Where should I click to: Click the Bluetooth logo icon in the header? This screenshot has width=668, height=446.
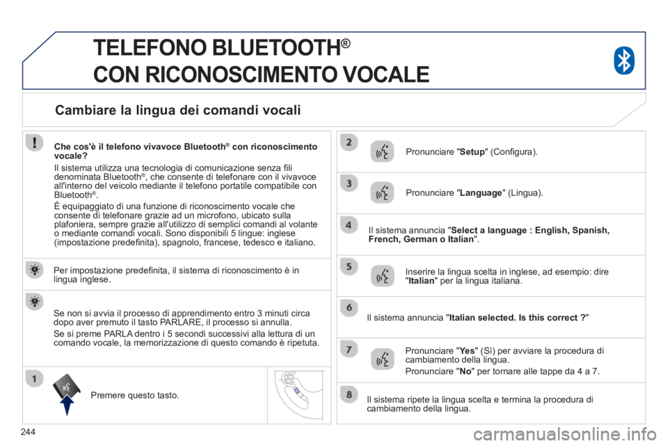[624, 61]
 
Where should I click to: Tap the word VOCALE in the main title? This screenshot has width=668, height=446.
[386, 75]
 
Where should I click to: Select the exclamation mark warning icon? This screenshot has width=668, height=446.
[35, 142]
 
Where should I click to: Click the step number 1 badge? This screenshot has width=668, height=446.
[35, 378]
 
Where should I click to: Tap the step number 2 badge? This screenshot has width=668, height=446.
[349, 142]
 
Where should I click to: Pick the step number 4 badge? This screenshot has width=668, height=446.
[349, 225]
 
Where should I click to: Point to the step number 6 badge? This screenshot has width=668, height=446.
[349, 307]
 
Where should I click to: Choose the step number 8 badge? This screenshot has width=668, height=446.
[349, 394]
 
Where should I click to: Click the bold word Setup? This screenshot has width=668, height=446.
[472, 152]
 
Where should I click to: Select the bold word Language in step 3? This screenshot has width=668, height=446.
[481, 193]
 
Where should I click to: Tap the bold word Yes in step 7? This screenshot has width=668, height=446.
[468, 351]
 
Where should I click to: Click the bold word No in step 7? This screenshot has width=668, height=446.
[466, 371]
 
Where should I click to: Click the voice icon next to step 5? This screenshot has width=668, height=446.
[382, 276]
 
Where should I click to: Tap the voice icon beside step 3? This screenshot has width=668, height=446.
[382, 192]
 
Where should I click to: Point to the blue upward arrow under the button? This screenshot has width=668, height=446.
[67, 405]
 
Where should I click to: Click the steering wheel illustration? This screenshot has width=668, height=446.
[299, 395]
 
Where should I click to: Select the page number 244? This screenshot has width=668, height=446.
[28, 432]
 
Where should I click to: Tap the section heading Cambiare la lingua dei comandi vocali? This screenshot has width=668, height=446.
[178, 110]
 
